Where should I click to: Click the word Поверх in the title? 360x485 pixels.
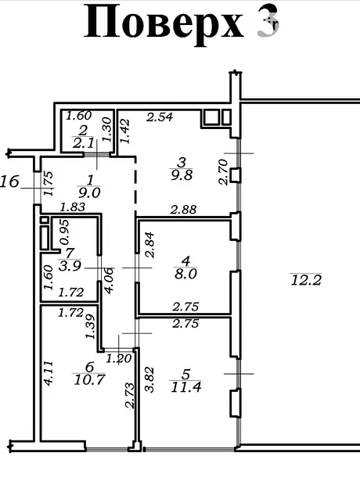pyautogui.click(x=164, y=22)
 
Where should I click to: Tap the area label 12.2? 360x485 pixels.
pyautogui.click(x=306, y=281)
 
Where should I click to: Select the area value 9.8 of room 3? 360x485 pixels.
pyautogui.click(x=182, y=175)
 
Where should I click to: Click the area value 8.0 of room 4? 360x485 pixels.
pyautogui.click(x=185, y=274)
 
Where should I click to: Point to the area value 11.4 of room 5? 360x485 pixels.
pyautogui.click(x=186, y=387)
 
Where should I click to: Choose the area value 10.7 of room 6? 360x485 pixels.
pyautogui.click(x=90, y=379)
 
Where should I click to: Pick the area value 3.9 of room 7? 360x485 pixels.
pyautogui.click(x=70, y=266)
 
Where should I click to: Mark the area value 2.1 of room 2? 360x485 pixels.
pyautogui.click(x=83, y=143)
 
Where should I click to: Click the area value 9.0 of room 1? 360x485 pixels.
pyautogui.click(x=89, y=193)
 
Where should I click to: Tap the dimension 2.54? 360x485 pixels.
pyautogui.click(x=160, y=117)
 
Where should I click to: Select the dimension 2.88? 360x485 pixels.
pyautogui.click(x=183, y=210)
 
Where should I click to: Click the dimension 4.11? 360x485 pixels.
pyautogui.click(x=49, y=373)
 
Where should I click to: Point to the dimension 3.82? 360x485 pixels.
pyautogui.click(x=149, y=379)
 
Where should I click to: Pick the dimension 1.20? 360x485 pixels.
pyautogui.click(x=119, y=359)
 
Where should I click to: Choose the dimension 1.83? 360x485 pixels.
pyautogui.click(x=72, y=207)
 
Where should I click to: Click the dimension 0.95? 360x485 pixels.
pyautogui.click(x=64, y=232)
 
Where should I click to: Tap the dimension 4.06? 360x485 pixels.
pyautogui.click(x=110, y=280)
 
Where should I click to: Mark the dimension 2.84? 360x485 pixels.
pyautogui.click(x=149, y=245)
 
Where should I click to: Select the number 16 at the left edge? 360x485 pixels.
pyautogui.click(x=9, y=181)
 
